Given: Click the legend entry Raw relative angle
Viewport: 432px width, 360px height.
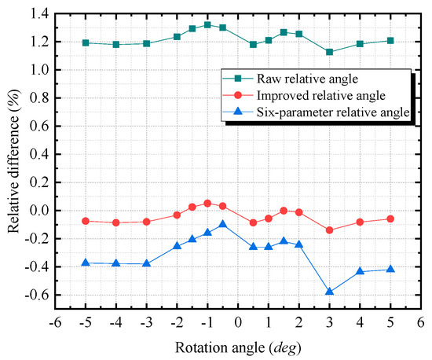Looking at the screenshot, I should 314,79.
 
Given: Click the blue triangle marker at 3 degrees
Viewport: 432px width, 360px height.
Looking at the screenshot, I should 329,292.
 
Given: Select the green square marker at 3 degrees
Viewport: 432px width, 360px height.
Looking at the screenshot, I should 329,52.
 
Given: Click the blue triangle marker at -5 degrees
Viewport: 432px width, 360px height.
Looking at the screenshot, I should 86,262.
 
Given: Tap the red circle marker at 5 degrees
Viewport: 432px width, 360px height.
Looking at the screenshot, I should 390,219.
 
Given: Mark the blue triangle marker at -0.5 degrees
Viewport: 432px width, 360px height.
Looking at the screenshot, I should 223,224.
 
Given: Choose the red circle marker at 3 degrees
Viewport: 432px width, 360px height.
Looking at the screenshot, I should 329,230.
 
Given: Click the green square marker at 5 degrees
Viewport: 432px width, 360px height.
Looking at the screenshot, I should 390,40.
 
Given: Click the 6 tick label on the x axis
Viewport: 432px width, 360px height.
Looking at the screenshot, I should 421,322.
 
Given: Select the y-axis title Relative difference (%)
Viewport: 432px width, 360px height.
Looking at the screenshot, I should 13,153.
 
